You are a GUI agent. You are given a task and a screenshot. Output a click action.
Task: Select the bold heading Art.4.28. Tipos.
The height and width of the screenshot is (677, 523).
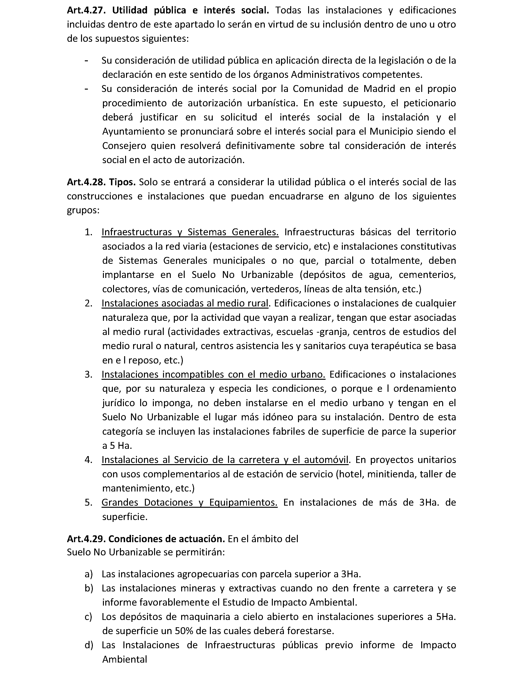[101, 182]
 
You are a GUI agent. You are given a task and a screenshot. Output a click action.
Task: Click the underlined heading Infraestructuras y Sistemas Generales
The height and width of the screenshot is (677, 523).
[190, 232]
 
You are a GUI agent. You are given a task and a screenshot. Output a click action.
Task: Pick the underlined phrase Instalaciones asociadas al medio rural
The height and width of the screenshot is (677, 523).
[185, 303]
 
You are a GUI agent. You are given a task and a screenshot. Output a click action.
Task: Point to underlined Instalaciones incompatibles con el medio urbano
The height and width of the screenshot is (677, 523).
[213, 375]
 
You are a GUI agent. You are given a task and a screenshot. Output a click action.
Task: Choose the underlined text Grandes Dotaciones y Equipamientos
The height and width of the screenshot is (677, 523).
[189, 503]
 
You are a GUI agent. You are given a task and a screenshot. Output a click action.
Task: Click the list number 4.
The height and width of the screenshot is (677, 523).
[88, 460]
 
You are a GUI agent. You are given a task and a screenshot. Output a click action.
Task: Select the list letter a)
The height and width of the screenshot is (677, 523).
[88, 574]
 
